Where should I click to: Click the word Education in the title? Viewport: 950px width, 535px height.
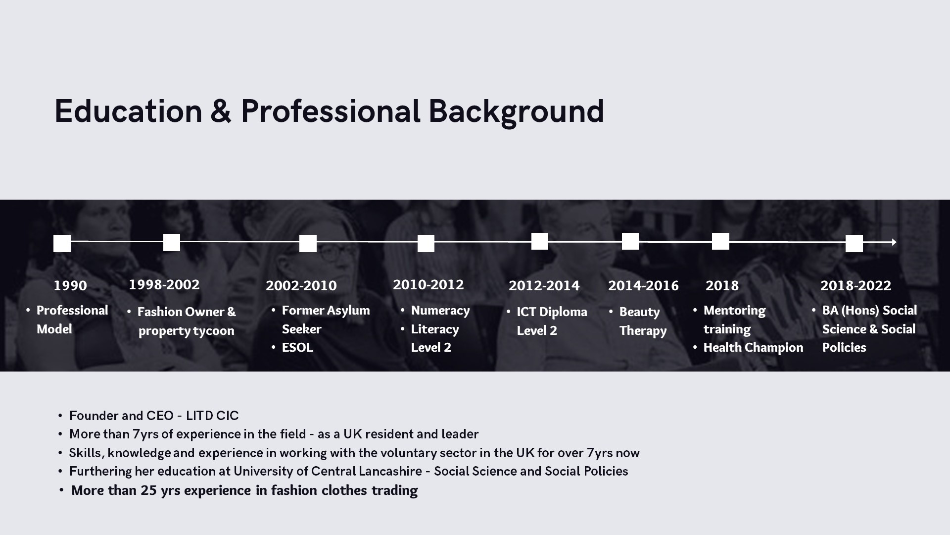(129, 111)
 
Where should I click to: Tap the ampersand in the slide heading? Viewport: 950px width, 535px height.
(221, 111)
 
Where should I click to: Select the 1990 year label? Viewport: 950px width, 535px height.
(70, 286)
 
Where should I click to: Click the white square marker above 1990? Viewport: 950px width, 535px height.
(62, 243)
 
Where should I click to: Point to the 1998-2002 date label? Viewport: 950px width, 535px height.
(164, 285)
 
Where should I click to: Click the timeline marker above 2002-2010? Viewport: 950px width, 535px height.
(308, 243)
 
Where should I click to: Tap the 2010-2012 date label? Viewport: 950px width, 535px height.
(428, 285)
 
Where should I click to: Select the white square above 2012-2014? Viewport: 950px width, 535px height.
(540, 241)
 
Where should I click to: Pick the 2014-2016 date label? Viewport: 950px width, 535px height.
(643, 286)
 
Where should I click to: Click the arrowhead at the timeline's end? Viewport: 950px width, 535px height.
(894, 242)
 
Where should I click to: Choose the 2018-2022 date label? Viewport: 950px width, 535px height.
(855, 286)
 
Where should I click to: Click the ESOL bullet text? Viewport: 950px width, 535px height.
(297, 348)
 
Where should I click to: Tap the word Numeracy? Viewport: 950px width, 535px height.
(440, 311)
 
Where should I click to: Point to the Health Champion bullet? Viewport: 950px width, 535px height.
(753, 348)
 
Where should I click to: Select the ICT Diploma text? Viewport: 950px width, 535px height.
(552, 312)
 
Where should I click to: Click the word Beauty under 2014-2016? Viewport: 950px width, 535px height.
(639, 312)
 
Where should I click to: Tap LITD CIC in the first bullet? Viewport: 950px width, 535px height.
(212, 416)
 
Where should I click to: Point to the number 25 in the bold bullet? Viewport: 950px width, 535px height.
(148, 490)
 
